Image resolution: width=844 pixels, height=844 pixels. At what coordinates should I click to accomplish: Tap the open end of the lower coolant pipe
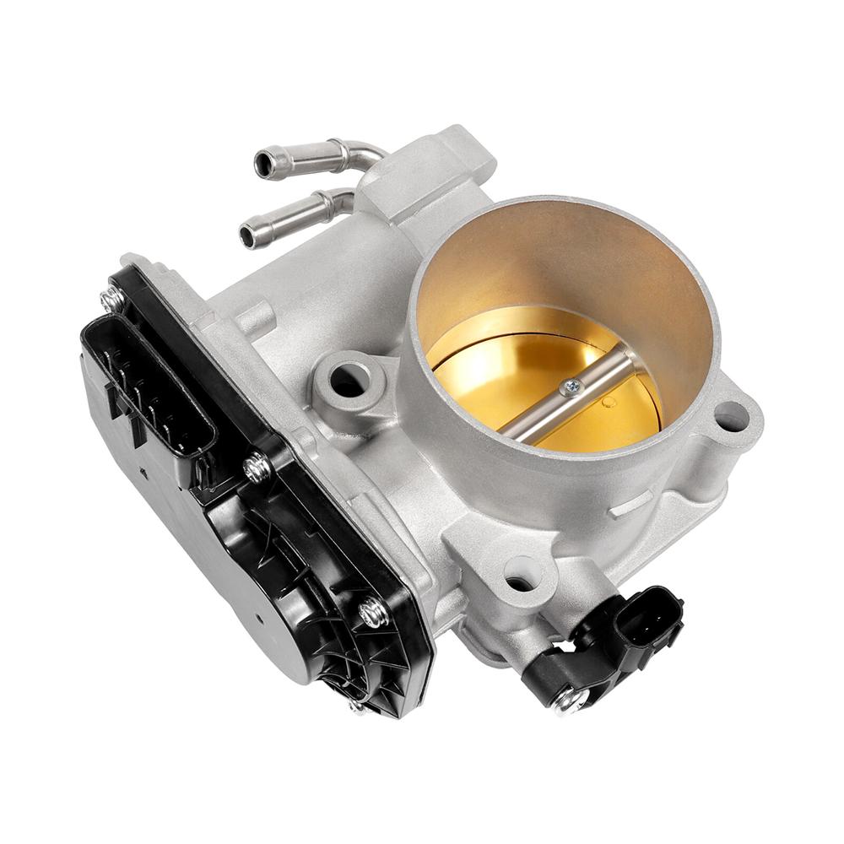(248, 235)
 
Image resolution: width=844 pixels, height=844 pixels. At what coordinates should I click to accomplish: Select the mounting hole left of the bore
(346, 382)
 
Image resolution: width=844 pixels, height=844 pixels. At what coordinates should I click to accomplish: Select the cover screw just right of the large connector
(257, 468)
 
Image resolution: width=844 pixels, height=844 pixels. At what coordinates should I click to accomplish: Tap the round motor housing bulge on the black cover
(253, 608)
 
